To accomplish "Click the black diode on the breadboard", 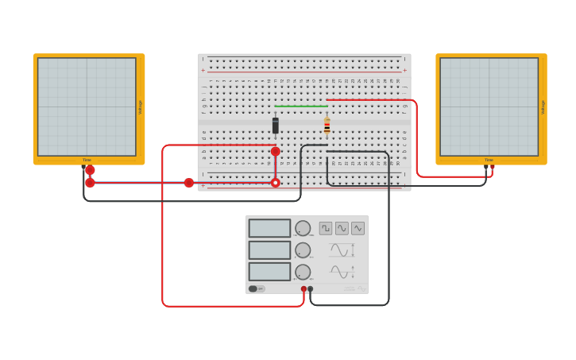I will [276, 126].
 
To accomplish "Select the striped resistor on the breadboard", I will [327, 126].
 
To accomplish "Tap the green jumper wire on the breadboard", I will [300, 106].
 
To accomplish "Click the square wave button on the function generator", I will [326, 228].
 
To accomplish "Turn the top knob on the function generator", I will [303, 228].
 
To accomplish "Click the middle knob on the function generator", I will [303, 250].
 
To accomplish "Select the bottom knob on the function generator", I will [303, 272].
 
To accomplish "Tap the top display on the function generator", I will [269, 228].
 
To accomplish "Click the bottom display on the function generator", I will [269, 272].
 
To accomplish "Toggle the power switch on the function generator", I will [253, 289].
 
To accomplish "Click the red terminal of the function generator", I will [303, 289].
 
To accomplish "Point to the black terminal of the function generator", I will [311, 289].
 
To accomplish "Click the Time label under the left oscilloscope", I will [87, 160].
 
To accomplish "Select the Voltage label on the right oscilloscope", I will [543, 107].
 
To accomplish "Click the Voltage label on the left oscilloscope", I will [141, 107].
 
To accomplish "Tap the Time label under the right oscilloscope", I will [489, 160].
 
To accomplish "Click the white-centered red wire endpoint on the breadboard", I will [276, 183].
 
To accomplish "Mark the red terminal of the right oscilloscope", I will [492, 167].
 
